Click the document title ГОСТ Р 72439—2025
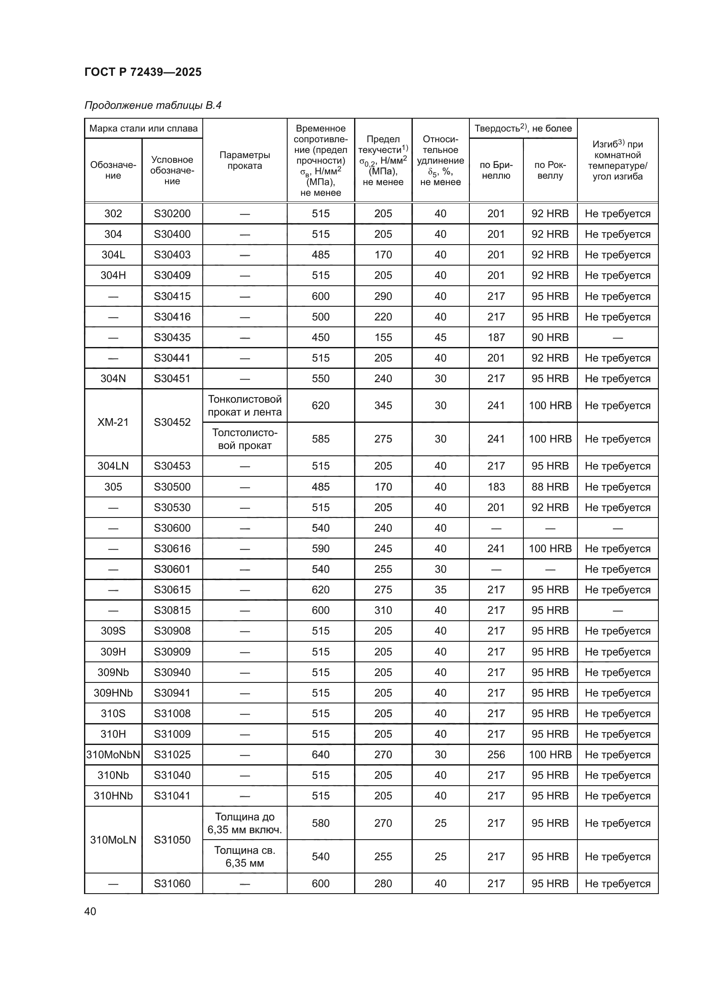pyautogui.click(x=143, y=72)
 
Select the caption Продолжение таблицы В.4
pyautogui.click(x=153, y=105)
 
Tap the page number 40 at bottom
pyautogui.click(x=90, y=911)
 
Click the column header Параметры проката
pyautogui.click(x=244, y=160)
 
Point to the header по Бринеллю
pyautogui.click(x=496, y=170)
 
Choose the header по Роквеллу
pyautogui.click(x=550, y=170)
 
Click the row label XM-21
pyautogui.click(x=113, y=422)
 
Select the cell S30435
pyautogui.click(x=172, y=337)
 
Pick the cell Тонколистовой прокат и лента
pyautogui.click(x=244, y=405)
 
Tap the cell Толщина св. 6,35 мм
pyautogui.click(x=244, y=856)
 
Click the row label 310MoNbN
pyautogui.click(x=113, y=754)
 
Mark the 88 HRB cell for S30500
pyautogui.click(x=550, y=487)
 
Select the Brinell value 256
pyautogui.click(x=496, y=754)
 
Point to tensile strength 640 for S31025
pyautogui.click(x=321, y=754)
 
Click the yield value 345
pyautogui.click(x=383, y=405)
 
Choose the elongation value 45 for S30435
pyautogui.click(x=440, y=337)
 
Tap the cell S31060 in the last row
pyautogui.click(x=172, y=883)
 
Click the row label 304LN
pyautogui.click(x=113, y=466)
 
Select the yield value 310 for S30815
pyautogui.click(x=383, y=610)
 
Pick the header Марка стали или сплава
pyautogui.click(x=143, y=129)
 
